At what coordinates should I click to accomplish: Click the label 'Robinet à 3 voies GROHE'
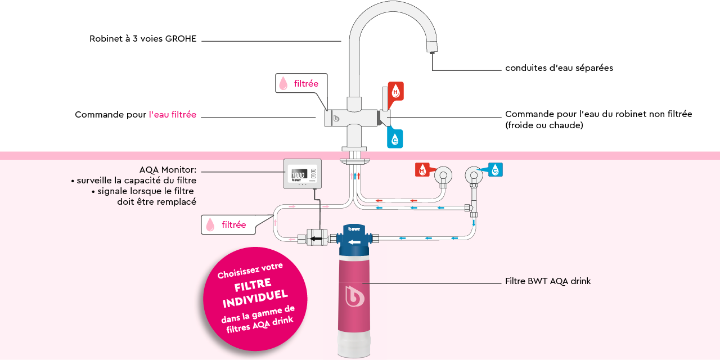coord(143,39)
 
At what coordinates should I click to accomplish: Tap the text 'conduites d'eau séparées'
coord(559,68)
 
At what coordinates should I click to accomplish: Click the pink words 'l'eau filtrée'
coord(173,115)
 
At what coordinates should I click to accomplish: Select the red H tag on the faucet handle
coord(395,91)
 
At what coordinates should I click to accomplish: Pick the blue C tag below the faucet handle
coord(395,138)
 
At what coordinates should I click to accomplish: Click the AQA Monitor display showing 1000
coord(298,175)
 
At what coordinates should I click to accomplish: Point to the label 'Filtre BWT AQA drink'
coord(547,281)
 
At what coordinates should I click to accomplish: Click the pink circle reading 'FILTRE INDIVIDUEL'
coord(255,299)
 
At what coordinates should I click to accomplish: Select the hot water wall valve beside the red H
coord(443,175)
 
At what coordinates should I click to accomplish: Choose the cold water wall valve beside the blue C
coord(474,175)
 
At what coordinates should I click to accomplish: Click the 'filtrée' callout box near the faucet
coord(301,84)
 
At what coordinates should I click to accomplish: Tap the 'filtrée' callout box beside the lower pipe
coord(227,225)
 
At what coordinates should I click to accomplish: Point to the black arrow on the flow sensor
coord(317,239)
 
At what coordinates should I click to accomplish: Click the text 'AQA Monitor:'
coord(168,170)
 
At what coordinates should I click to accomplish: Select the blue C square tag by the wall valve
coord(495,170)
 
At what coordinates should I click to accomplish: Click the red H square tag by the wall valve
coord(422,170)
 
